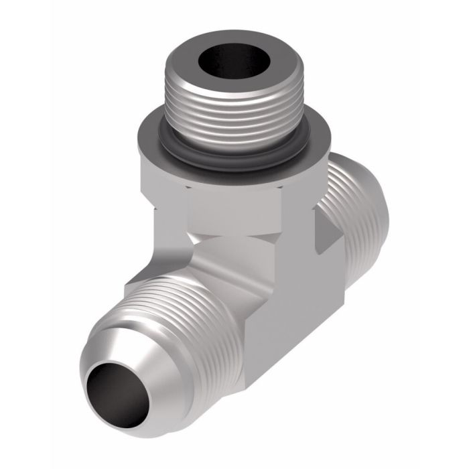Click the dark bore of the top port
[236, 64]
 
